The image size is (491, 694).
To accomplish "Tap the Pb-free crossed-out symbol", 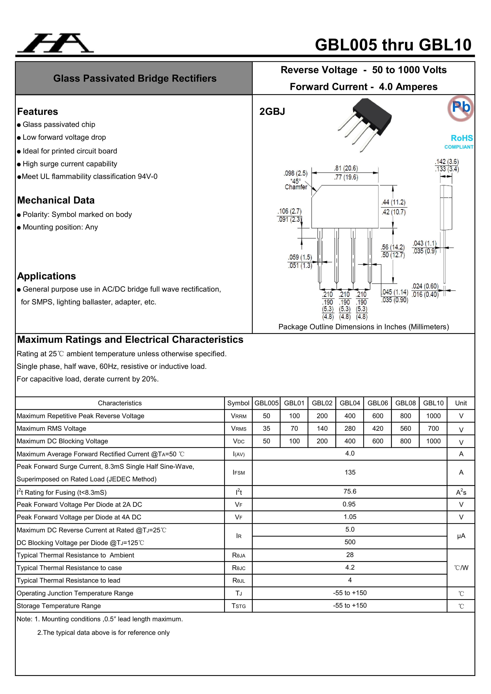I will pos(461,108).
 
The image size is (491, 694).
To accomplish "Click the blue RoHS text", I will pos(462,138).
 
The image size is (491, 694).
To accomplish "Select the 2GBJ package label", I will pos(272,112).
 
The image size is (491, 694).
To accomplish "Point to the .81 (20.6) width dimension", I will pos(346,168).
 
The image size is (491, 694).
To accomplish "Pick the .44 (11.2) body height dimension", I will pos(393,202).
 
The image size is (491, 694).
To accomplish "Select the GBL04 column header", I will pos(350,403).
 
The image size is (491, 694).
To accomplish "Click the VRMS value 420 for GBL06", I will pos(378,428).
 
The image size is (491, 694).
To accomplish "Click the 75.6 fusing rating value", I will pos(350,491).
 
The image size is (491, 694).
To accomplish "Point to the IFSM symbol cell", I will pos(239,472).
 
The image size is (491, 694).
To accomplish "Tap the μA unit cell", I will pos(461,536).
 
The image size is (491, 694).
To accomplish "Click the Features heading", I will pos(37,112).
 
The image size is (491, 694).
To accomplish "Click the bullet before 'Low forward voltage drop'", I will pos(19,138).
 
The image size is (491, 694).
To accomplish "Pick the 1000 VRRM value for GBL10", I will pos(433,416).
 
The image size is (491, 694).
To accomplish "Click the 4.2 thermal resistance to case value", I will pos(350,567).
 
